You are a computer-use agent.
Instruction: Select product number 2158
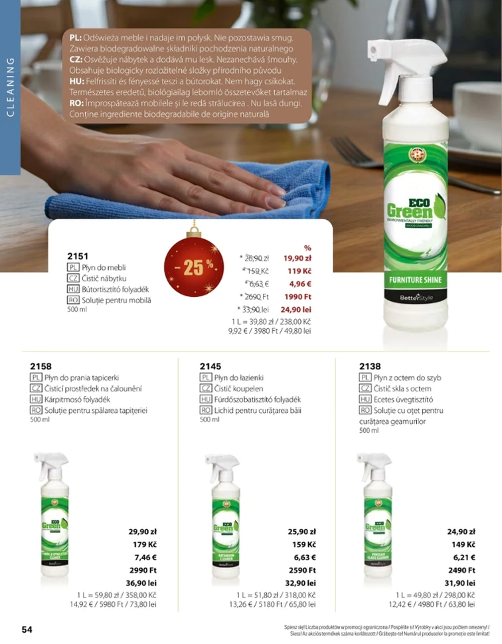coord(41,366)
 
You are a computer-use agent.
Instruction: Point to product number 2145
coord(210,366)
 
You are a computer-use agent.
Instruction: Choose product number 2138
coord(370,366)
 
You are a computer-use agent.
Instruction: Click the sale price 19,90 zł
coord(297,258)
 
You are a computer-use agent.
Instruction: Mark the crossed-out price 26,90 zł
coord(256,258)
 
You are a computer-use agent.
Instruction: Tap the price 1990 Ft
coord(297,296)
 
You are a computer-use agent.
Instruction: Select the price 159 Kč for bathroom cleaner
coord(303,544)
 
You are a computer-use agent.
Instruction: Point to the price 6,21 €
coord(463,557)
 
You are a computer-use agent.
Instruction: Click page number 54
coord(27,629)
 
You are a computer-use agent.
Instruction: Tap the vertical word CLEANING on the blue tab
coord(10,87)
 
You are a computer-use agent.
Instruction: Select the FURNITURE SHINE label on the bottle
coord(415,280)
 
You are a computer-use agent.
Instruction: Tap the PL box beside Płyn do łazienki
coord(205,377)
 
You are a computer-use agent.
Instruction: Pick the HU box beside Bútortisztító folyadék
coord(73,289)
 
